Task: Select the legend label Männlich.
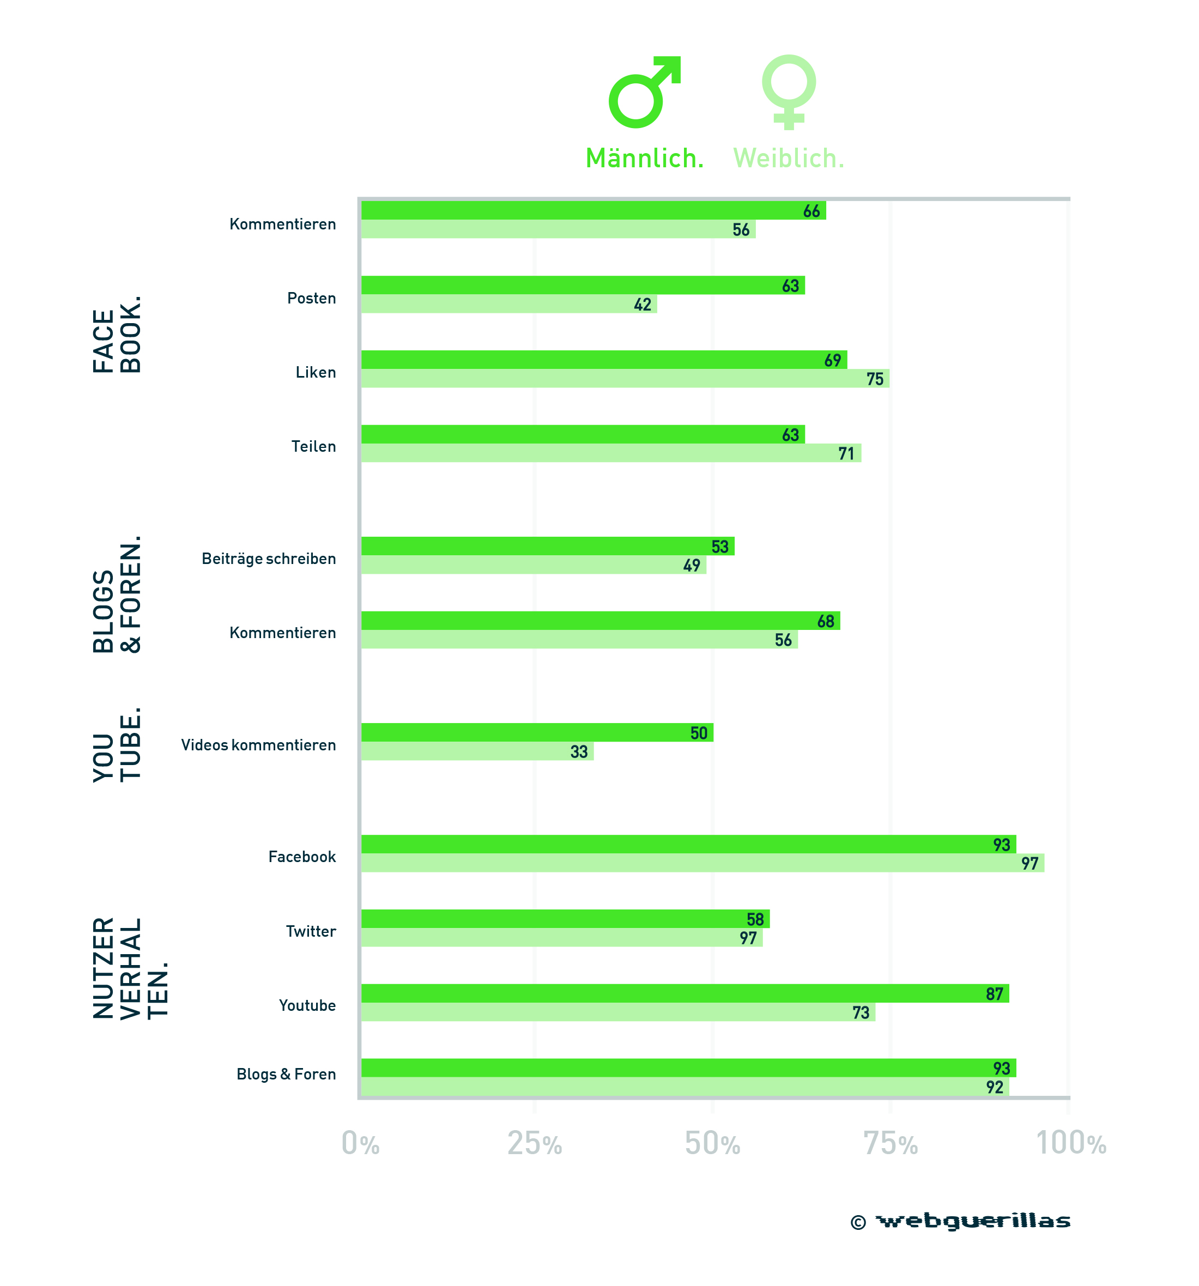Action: tap(645, 159)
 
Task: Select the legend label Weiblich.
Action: tap(789, 159)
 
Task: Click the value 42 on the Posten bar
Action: tap(643, 305)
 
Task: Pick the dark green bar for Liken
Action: tap(604, 360)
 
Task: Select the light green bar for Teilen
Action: tap(611, 453)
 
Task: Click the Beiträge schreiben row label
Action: tap(269, 559)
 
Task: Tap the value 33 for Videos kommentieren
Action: tap(579, 751)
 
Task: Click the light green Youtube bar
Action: tap(619, 1012)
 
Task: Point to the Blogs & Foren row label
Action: tap(287, 1075)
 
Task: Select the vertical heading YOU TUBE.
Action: tap(117, 744)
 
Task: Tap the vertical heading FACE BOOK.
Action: tap(117, 335)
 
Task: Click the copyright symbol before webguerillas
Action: tap(858, 1223)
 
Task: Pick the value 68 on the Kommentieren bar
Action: tap(826, 622)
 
